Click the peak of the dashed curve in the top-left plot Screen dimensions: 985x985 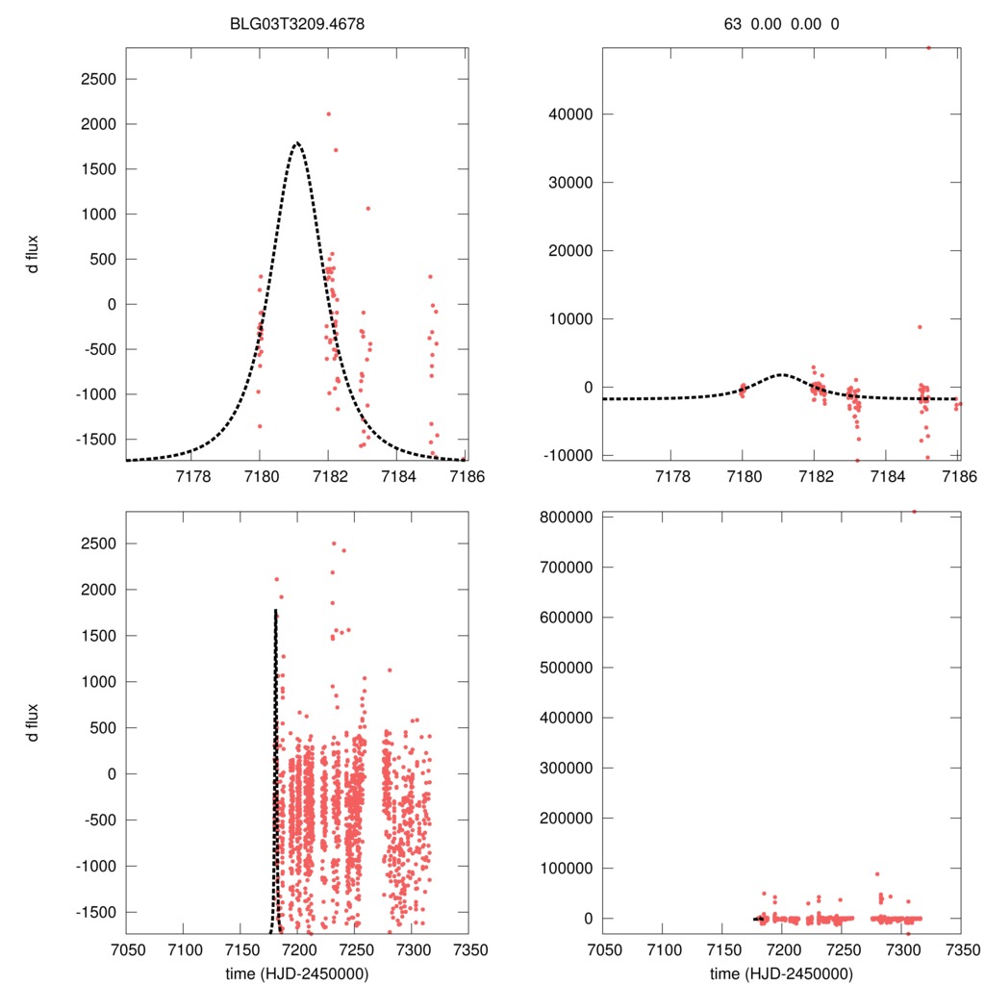(x=297, y=142)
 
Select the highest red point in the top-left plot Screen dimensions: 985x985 (x=328, y=114)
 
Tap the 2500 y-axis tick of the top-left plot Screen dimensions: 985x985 (x=96, y=79)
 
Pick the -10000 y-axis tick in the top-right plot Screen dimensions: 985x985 (x=566, y=455)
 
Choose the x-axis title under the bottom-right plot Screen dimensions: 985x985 (x=781, y=973)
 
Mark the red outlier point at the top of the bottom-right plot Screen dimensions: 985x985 (x=914, y=512)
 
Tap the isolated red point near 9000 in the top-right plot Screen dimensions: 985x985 (x=920, y=327)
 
